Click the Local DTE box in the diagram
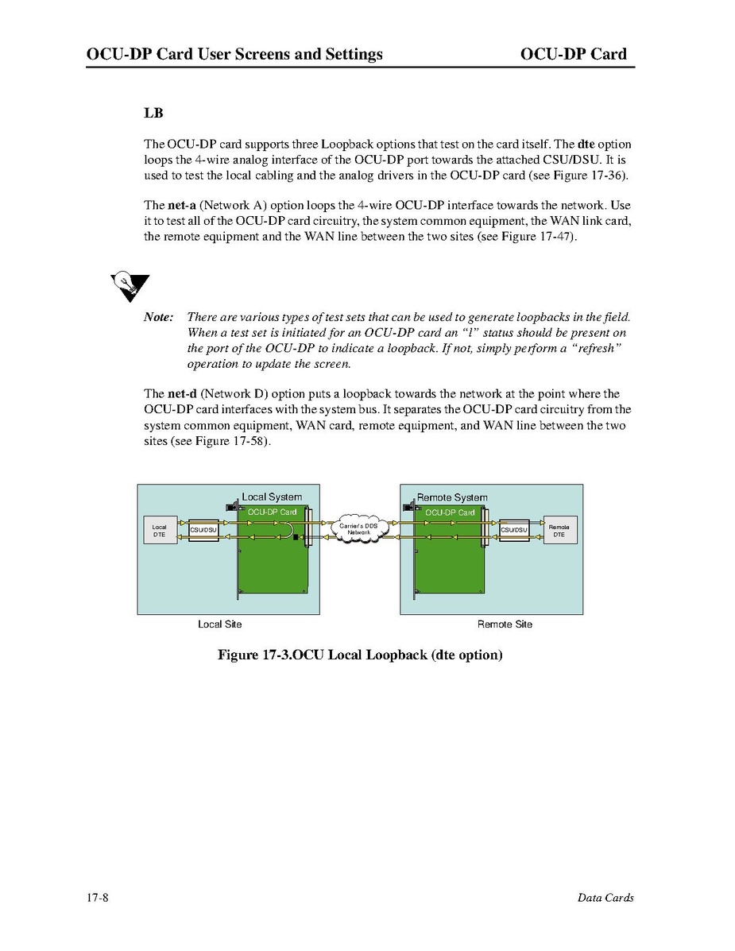(x=160, y=530)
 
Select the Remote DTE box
(x=559, y=530)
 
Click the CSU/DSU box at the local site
(x=203, y=530)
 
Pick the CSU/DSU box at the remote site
(x=514, y=530)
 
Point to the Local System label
(x=272, y=497)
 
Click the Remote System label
(x=452, y=497)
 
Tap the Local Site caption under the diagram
(x=219, y=624)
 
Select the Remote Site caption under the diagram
(x=505, y=624)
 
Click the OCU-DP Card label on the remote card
(x=450, y=512)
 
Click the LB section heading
(x=153, y=113)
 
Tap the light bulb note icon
(x=129, y=285)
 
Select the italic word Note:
(x=159, y=317)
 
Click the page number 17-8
(x=98, y=898)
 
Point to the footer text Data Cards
(x=605, y=898)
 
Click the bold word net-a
(x=182, y=206)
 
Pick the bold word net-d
(x=182, y=394)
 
